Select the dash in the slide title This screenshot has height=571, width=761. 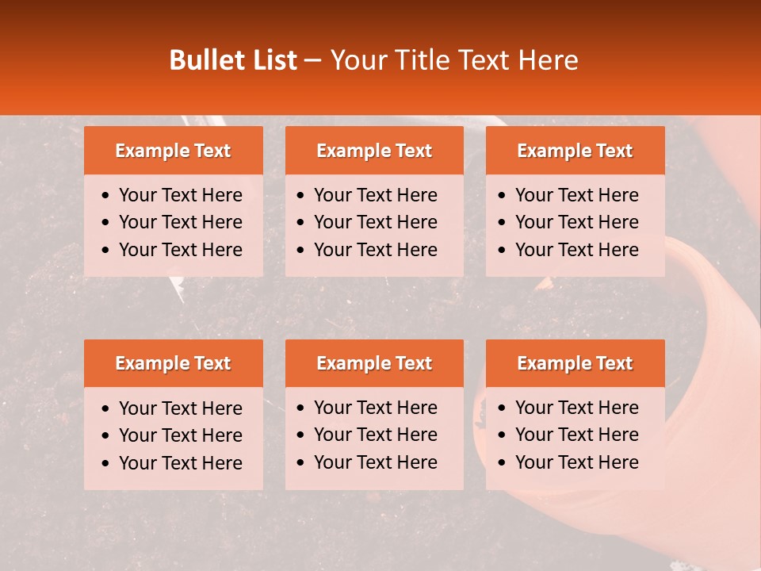(312, 61)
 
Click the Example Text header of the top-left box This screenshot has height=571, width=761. (173, 151)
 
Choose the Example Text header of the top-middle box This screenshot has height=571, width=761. (374, 151)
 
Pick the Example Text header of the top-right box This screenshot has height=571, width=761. (575, 151)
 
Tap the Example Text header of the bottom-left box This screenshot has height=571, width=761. (173, 363)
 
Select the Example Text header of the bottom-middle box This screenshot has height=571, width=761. (374, 363)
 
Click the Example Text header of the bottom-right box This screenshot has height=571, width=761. (575, 363)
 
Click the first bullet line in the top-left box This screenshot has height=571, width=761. (180, 195)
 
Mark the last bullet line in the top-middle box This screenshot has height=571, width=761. (375, 250)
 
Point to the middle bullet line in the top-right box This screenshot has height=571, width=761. (576, 222)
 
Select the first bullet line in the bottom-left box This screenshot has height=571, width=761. (180, 408)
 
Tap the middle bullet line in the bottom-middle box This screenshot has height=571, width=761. (375, 435)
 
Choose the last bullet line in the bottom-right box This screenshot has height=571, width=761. (576, 462)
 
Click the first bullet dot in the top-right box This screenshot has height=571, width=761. (503, 196)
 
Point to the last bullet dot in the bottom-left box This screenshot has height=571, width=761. (106, 464)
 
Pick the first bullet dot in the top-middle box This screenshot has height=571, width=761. (301, 196)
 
